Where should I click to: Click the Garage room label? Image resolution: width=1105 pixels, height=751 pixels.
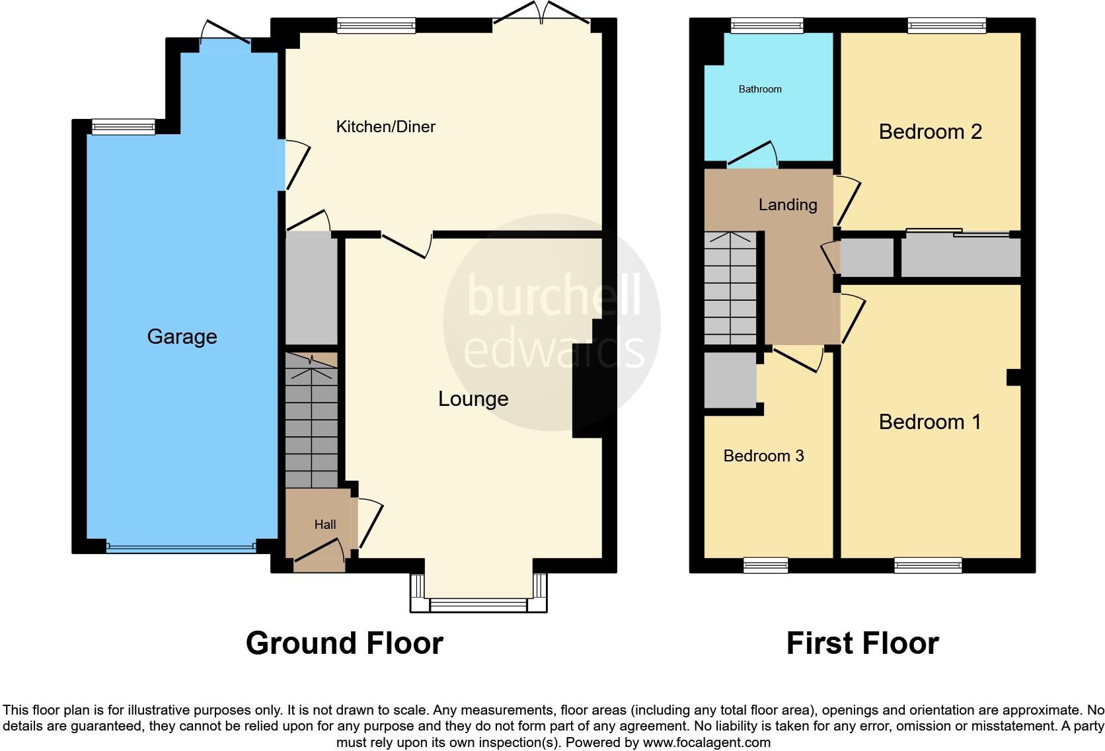[182, 336]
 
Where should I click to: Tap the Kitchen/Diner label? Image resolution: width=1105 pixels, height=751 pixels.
[385, 126]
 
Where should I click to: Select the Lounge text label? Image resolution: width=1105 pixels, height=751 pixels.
[473, 399]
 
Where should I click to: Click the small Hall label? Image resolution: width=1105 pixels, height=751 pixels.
[324, 525]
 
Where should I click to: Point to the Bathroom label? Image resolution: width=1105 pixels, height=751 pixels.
[760, 89]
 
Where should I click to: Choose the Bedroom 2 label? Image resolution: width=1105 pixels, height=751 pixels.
[930, 132]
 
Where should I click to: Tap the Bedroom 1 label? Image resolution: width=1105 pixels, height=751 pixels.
[930, 422]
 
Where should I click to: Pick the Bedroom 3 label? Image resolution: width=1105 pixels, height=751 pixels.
[763, 456]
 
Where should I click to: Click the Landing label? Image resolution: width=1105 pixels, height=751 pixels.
[788, 205]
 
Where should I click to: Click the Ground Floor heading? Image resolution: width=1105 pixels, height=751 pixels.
[344, 643]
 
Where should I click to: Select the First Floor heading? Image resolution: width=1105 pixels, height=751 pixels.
[862, 643]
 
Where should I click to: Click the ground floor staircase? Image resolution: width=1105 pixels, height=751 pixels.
[311, 423]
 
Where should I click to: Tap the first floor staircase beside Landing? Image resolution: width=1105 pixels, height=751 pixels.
[730, 288]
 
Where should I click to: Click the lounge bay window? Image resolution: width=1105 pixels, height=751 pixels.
[478, 604]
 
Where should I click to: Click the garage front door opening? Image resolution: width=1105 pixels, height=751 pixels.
[181, 547]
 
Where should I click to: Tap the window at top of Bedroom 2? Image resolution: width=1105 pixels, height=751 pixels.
[946, 26]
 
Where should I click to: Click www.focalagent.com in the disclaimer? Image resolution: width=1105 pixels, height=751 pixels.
[706, 742]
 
